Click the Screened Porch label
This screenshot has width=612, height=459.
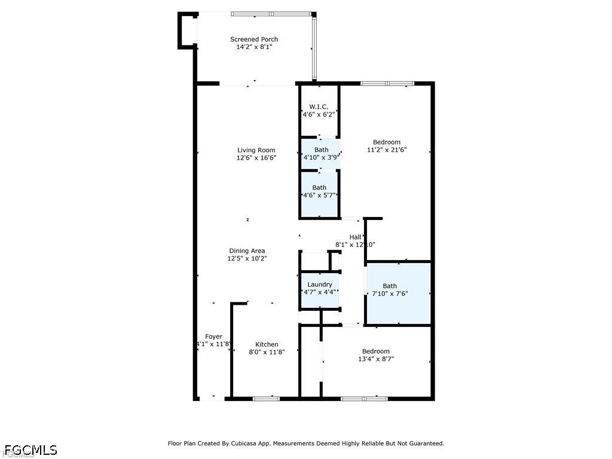pos(254,39)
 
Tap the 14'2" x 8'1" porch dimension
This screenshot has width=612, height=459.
pos(254,47)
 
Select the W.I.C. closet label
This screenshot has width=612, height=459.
pos(319,106)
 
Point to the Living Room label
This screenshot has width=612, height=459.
pos(256,150)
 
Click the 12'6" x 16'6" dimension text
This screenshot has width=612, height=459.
pos(256,158)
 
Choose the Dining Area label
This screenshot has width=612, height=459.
pos(247,250)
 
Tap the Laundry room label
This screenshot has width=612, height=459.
pos(320,284)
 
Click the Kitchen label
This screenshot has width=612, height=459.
pos(267,344)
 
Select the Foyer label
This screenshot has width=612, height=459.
pos(213,336)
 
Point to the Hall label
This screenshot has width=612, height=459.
pos(355,237)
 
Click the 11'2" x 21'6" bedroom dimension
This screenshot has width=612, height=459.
pos(387,150)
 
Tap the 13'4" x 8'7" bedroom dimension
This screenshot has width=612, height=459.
pos(376,359)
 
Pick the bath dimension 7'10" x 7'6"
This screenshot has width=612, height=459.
pos(390,293)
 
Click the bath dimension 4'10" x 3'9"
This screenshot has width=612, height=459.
pos(321,157)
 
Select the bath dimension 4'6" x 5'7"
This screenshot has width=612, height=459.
pos(319,195)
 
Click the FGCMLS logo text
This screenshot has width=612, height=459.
pos(31,450)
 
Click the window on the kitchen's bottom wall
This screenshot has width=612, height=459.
pos(266,399)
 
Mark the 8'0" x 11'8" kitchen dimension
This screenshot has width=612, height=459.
pos(267,352)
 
